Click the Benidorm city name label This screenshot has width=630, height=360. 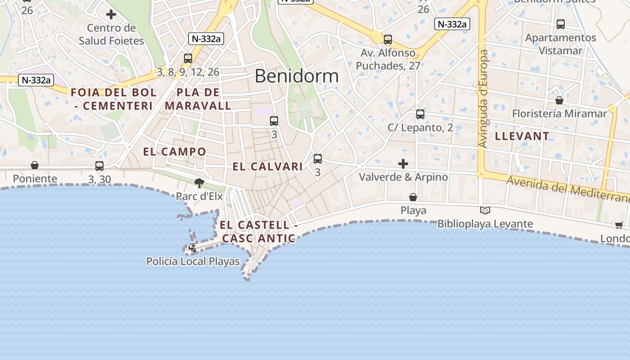click(296, 76)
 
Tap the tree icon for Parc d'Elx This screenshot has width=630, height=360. click(199, 183)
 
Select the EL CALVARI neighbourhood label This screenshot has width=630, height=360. click(268, 166)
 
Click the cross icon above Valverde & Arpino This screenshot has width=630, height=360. click(403, 163)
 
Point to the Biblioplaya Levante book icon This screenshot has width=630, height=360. click(485, 210)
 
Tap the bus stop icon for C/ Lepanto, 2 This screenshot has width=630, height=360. click(420, 114)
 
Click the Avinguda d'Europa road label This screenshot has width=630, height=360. click(483, 99)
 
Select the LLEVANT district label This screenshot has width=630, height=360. click(522, 136)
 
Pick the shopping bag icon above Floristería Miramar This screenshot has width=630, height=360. click(559, 100)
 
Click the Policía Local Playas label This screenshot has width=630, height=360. click(193, 261)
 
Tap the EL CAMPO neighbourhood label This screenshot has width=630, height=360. click(175, 152)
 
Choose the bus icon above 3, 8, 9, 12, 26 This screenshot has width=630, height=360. click(188, 58)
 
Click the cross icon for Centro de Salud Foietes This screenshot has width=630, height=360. click(111, 14)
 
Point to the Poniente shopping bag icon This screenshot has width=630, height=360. click(35, 166)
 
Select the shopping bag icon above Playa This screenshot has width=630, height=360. click(413, 197)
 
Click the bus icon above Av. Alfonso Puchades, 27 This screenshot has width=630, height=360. click(388, 40)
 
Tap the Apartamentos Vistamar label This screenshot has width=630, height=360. click(560, 44)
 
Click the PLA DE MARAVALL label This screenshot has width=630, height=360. click(198, 99)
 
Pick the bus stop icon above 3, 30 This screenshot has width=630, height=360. click(99, 166)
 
